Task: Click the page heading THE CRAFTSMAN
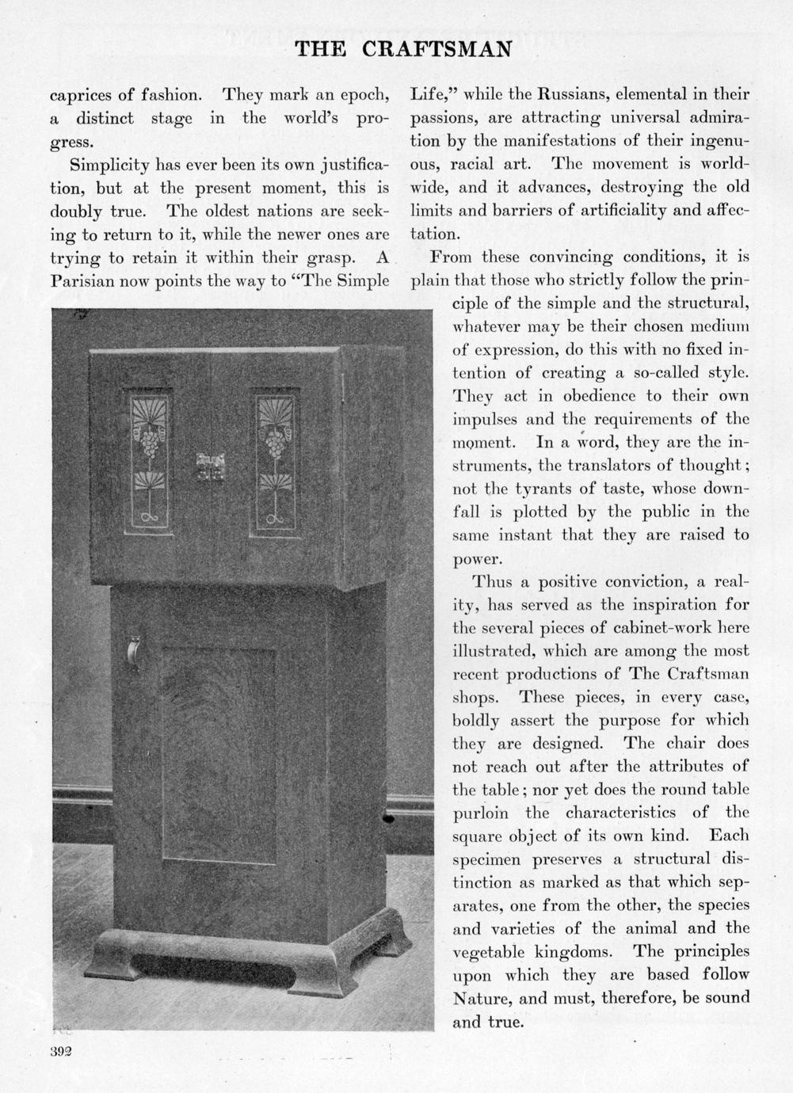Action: coord(403,49)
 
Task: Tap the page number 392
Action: coord(60,1051)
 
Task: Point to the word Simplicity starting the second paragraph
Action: coord(109,165)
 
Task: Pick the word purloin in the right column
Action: coord(482,813)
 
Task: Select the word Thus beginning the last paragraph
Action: coord(491,581)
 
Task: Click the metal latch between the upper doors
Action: coord(211,467)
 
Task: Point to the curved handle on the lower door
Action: coord(134,651)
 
